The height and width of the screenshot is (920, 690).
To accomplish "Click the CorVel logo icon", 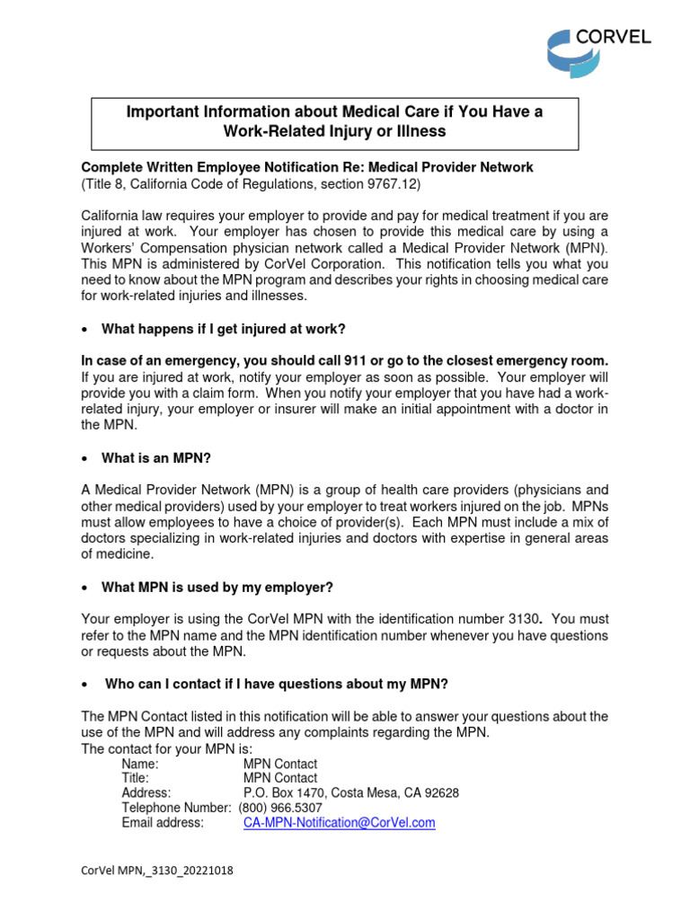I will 570,53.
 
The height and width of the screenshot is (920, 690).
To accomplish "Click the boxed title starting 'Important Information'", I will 335,122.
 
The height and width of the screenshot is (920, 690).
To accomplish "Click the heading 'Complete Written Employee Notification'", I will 307,167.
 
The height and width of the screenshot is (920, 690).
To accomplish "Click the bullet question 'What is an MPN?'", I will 155,458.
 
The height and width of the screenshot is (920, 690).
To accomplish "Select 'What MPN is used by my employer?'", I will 217,588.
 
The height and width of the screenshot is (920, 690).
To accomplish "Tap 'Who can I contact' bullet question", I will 276,684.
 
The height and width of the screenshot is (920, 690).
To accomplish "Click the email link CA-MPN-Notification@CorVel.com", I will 339,822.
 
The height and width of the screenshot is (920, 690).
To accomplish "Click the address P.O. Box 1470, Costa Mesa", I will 350,793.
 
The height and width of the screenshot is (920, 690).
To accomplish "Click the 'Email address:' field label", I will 163,822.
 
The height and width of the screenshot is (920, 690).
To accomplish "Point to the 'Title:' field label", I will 135,778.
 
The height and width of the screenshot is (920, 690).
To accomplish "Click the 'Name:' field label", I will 139,764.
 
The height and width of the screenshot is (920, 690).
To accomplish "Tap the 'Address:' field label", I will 146,793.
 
